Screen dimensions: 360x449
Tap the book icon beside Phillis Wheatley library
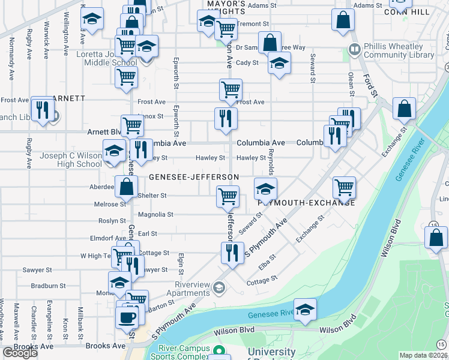pyautogui.click(x=355, y=48)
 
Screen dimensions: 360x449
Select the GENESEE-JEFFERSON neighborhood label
pyautogui.click(x=193, y=177)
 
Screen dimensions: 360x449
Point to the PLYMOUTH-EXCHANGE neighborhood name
pyautogui.click(x=306, y=203)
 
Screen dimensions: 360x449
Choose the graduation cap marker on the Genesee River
pyautogui.click(x=305, y=310)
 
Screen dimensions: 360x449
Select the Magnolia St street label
pyautogui.click(x=155, y=214)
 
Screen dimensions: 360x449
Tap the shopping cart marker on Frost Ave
pyautogui.click(x=231, y=90)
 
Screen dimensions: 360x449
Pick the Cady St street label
pyautogui.click(x=247, y=62)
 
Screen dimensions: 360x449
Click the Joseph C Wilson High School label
pyautogui.click(x=71, y=160)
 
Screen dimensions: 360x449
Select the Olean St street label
pyautogui.click(x=351, y=85)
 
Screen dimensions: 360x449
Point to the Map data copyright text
pyautogui.click(x=423, y=355)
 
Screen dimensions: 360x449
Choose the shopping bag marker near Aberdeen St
pyautogui.click(x=127, y=187)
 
